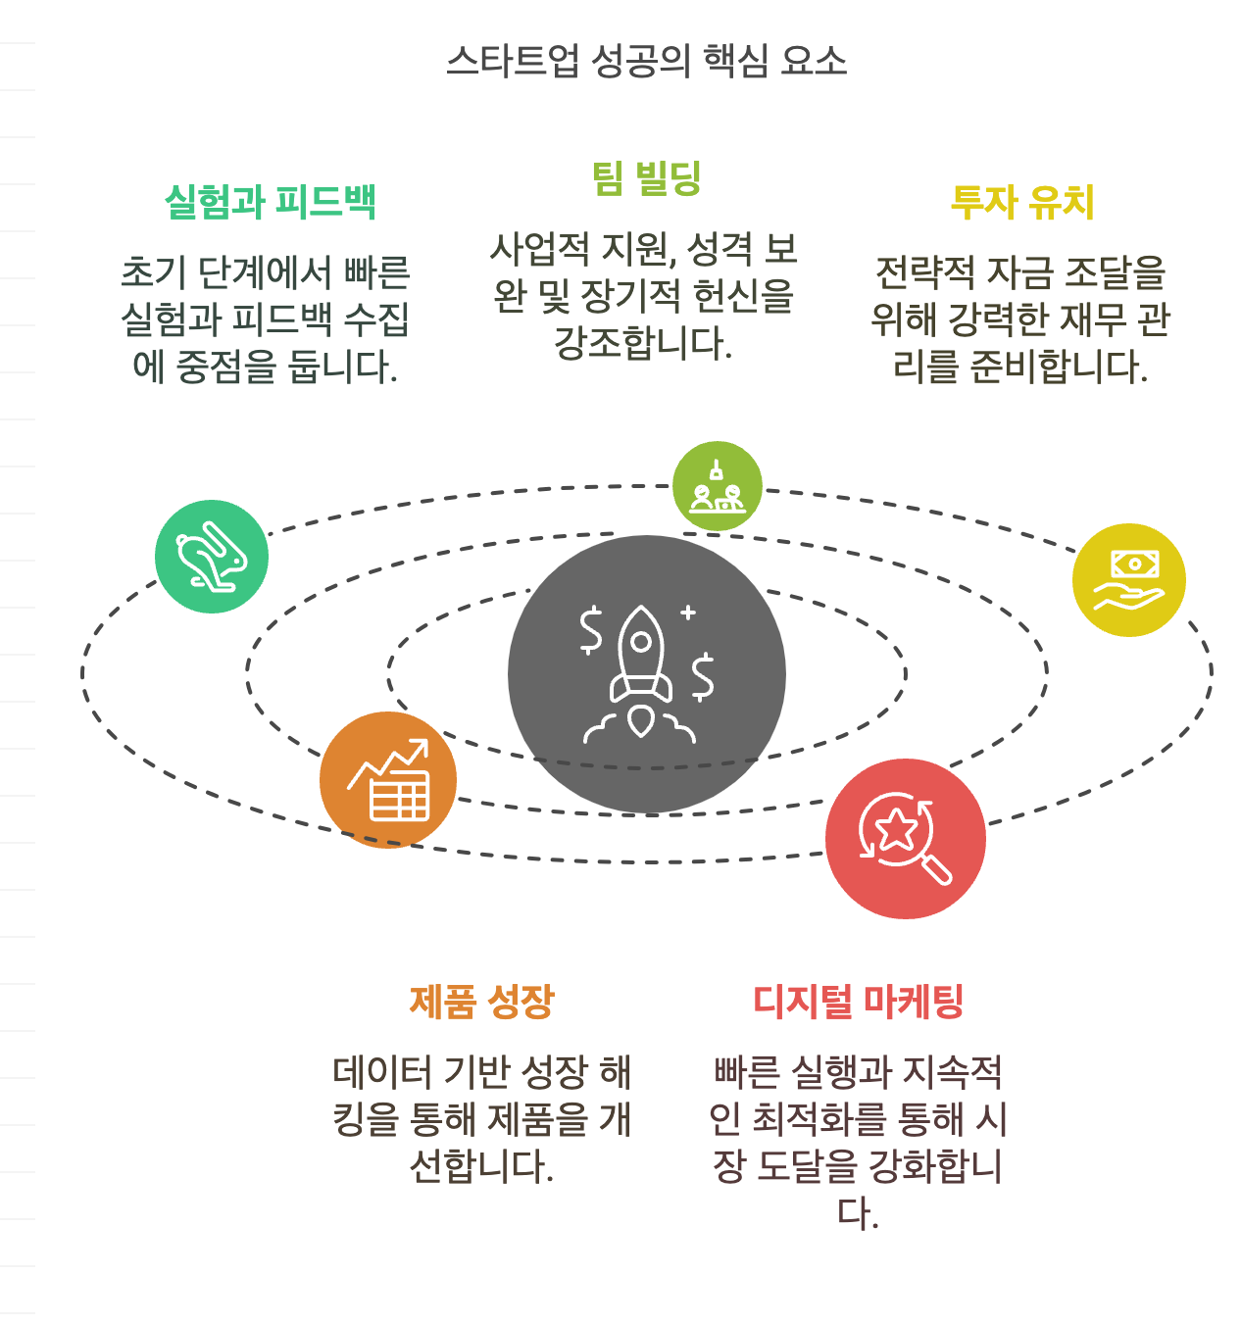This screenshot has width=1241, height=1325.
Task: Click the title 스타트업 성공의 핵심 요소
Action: point(646,61)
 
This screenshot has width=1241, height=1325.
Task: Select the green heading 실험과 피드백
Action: point(271,202)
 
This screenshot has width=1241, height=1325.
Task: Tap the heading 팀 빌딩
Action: point(646,178)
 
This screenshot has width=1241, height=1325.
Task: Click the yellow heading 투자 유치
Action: point(1022,202)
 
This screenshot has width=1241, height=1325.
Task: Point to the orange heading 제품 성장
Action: point(481,1002)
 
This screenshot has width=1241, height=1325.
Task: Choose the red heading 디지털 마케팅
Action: point(858,1002)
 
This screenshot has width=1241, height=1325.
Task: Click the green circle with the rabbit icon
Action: point(212,557)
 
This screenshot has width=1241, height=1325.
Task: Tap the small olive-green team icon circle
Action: point(718,486)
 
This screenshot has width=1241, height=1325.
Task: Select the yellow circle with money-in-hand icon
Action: point(1129,580)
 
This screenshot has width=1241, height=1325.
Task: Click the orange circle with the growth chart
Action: point(388,780)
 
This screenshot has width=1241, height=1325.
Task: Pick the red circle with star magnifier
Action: point(906,839)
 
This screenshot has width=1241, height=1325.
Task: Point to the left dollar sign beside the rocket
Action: point(590,630)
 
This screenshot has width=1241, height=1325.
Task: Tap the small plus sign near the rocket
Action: point(688,613)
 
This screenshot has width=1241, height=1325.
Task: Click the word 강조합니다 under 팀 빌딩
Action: point(643,343)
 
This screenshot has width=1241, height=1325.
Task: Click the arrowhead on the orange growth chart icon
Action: point(421,747)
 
